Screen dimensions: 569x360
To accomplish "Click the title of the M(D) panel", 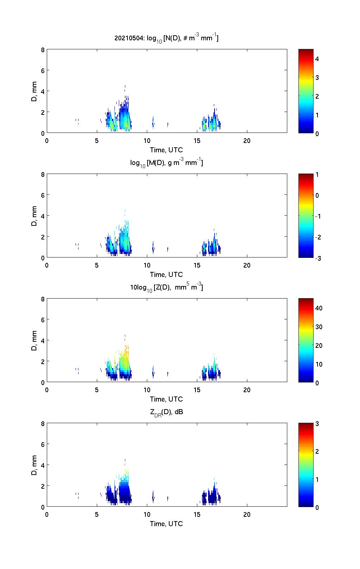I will point(166,163).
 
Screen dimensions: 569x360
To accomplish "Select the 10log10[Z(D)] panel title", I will point(166,287).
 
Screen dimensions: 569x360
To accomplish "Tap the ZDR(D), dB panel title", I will point(166,412).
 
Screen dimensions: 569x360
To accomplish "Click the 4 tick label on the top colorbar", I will point(317,59).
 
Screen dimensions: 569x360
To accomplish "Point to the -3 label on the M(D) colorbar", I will point(318,258).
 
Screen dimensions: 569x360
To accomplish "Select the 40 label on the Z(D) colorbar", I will point(319,308).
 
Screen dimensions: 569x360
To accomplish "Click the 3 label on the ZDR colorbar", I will point(317,424).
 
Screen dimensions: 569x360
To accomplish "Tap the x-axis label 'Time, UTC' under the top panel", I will point(166,150).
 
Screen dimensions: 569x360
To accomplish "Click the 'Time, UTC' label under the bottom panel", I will point(166,524).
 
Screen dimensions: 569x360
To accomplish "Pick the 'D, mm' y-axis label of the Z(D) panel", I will point(35,340).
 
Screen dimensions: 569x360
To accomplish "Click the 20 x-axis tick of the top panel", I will point(247,141).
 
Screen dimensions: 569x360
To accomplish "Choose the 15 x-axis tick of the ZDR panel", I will point(197,515).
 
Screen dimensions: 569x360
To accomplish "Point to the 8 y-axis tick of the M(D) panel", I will point(42,174).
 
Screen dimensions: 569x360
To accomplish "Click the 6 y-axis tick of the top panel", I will point(42,70).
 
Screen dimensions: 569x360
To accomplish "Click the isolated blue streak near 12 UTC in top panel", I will point(168,125).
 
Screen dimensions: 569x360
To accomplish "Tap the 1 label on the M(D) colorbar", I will point(317,175).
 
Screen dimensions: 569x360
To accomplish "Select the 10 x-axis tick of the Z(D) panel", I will point(147,390).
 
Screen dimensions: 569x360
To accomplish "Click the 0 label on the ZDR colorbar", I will point(317,507).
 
